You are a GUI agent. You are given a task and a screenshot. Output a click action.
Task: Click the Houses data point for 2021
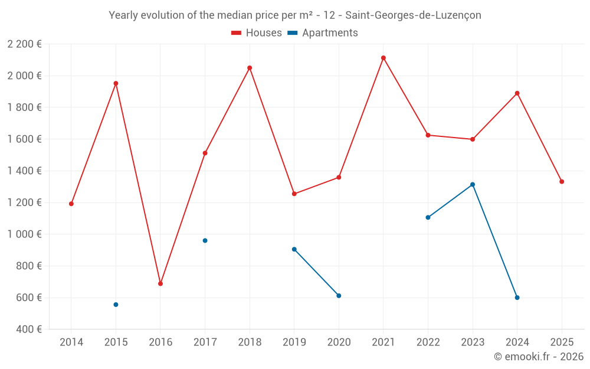(x=383, y=58)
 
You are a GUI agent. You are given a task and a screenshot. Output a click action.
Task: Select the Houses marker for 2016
(x=160, y=283)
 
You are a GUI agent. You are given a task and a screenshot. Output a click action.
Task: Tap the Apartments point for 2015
(x=116, y=305)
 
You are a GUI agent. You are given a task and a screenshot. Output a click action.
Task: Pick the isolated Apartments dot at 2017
(x=205, y=240)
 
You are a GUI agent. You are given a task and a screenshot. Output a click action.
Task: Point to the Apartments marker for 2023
(x=473, y=184)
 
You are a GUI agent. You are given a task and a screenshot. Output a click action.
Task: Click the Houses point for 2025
(x=562, y=182)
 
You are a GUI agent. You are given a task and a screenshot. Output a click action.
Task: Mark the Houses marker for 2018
(x=250, y=68)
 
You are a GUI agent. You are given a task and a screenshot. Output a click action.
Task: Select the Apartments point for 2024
(x=517, y=298)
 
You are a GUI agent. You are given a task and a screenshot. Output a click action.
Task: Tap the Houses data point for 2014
(x=71, y=204)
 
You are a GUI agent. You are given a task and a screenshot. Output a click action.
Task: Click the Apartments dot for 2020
(x=339, y=296)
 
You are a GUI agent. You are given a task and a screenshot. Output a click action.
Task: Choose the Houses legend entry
(x=257, y=33)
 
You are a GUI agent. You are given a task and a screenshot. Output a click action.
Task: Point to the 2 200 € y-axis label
(x=24, y=44)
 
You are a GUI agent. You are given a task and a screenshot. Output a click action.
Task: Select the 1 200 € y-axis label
(x=24, y=203)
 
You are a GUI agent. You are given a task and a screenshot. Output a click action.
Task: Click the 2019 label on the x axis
(x=294, y=342)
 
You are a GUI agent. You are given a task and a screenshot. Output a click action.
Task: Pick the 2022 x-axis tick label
(x=428, y=342)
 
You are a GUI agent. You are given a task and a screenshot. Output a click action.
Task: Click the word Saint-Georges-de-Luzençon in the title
(x=413, y=15)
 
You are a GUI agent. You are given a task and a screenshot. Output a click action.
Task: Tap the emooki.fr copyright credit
(x=539, y=357)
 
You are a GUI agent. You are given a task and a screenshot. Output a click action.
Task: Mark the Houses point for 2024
(x=517, y=93)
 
